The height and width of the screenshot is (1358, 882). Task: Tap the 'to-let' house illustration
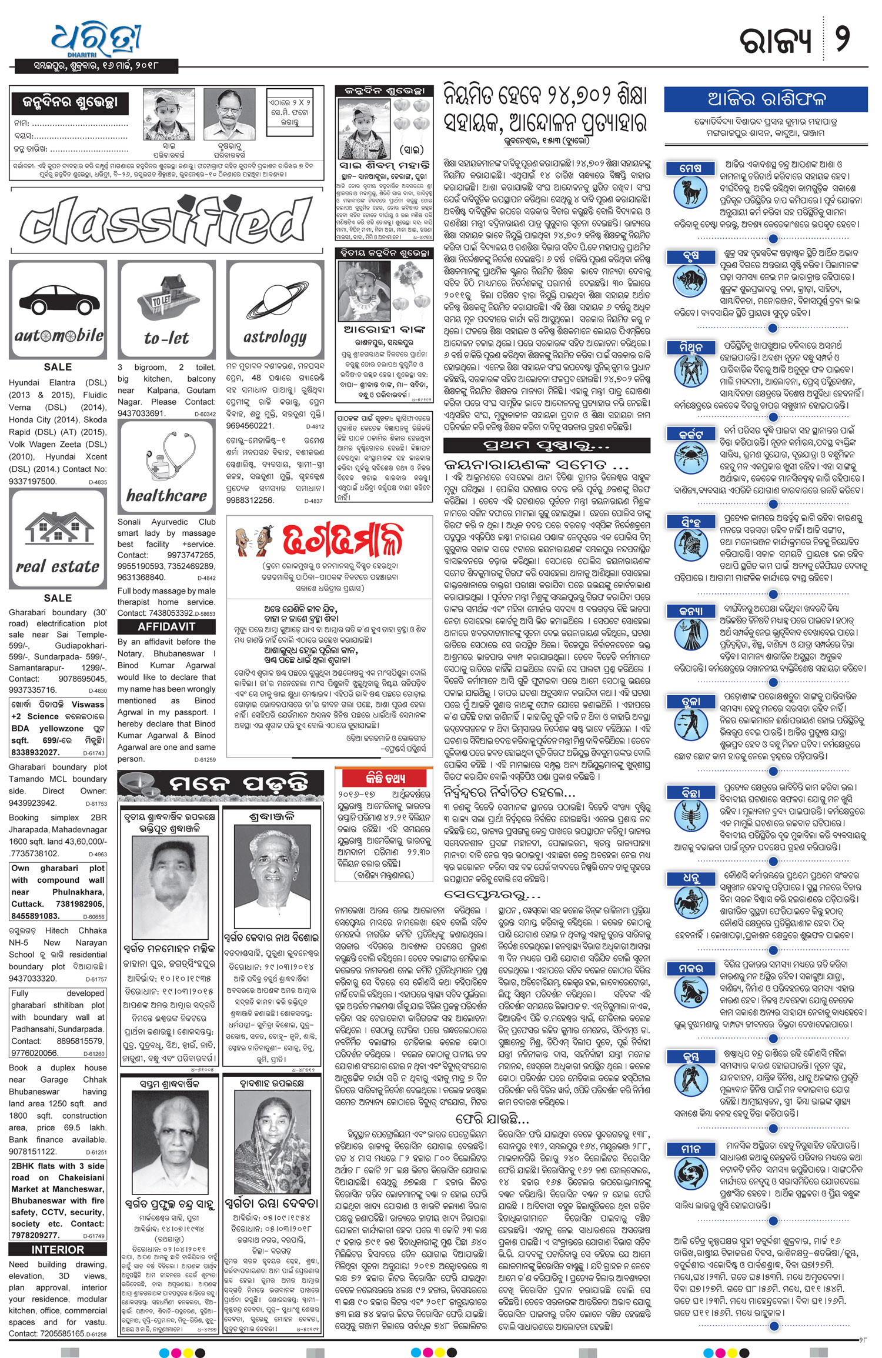coord(166,301)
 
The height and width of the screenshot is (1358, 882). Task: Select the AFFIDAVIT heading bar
coord(166,626)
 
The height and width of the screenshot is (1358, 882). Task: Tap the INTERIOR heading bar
coord(58,1249)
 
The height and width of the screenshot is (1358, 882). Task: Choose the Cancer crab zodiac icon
coord(689,456)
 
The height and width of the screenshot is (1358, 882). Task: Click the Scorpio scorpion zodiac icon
coord(689,815)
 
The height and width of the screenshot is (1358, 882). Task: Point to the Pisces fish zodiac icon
coord(689,1174)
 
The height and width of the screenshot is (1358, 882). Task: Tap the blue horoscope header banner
coord(766,99)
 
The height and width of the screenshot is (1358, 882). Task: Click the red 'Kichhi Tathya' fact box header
coord(385,779)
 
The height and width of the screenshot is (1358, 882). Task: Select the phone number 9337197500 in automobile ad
coord(32,481)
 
